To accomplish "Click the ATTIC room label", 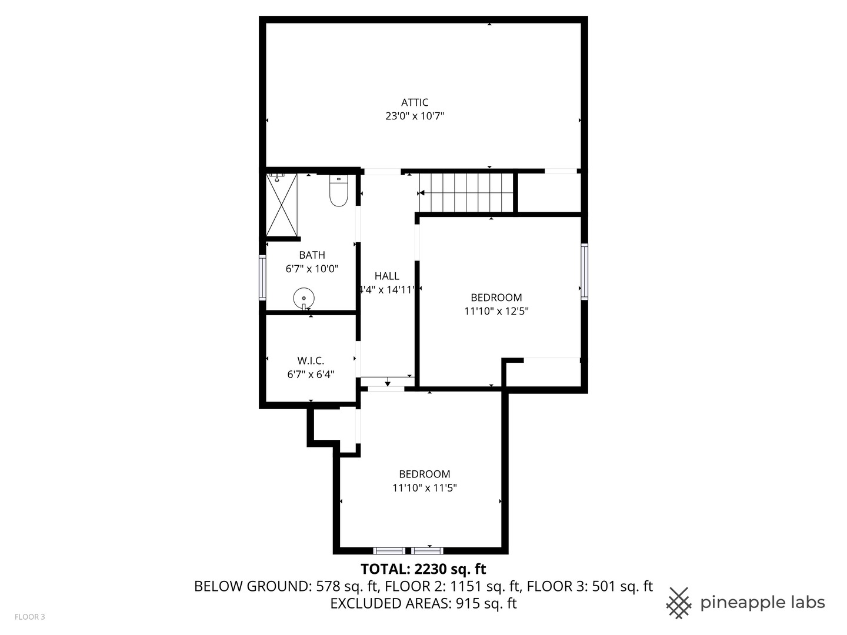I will (415, 102).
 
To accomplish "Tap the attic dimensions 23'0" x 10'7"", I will (415, 116).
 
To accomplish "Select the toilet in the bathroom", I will (338, 192).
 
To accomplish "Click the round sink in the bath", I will (304, 298).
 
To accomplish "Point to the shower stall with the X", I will (282, 205).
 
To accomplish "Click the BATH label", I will (312, 255).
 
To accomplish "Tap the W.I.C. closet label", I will (311, 360).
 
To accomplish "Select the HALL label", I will (387, 276).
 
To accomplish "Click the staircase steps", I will (466, 192).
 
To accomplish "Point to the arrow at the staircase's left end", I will (422, 192).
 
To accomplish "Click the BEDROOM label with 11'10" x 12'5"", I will (496, 298).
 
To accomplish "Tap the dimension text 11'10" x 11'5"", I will (425, 488).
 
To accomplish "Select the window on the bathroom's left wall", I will (262, 278).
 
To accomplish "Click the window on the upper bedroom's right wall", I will (584, 272).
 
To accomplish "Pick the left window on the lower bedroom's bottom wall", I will (389, 551).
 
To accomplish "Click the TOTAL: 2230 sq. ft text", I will (423, 569).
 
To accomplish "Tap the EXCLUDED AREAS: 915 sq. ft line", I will (423, 603).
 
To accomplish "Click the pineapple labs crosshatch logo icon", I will (679, 603).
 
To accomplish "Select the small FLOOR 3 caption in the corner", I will (29, 617).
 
